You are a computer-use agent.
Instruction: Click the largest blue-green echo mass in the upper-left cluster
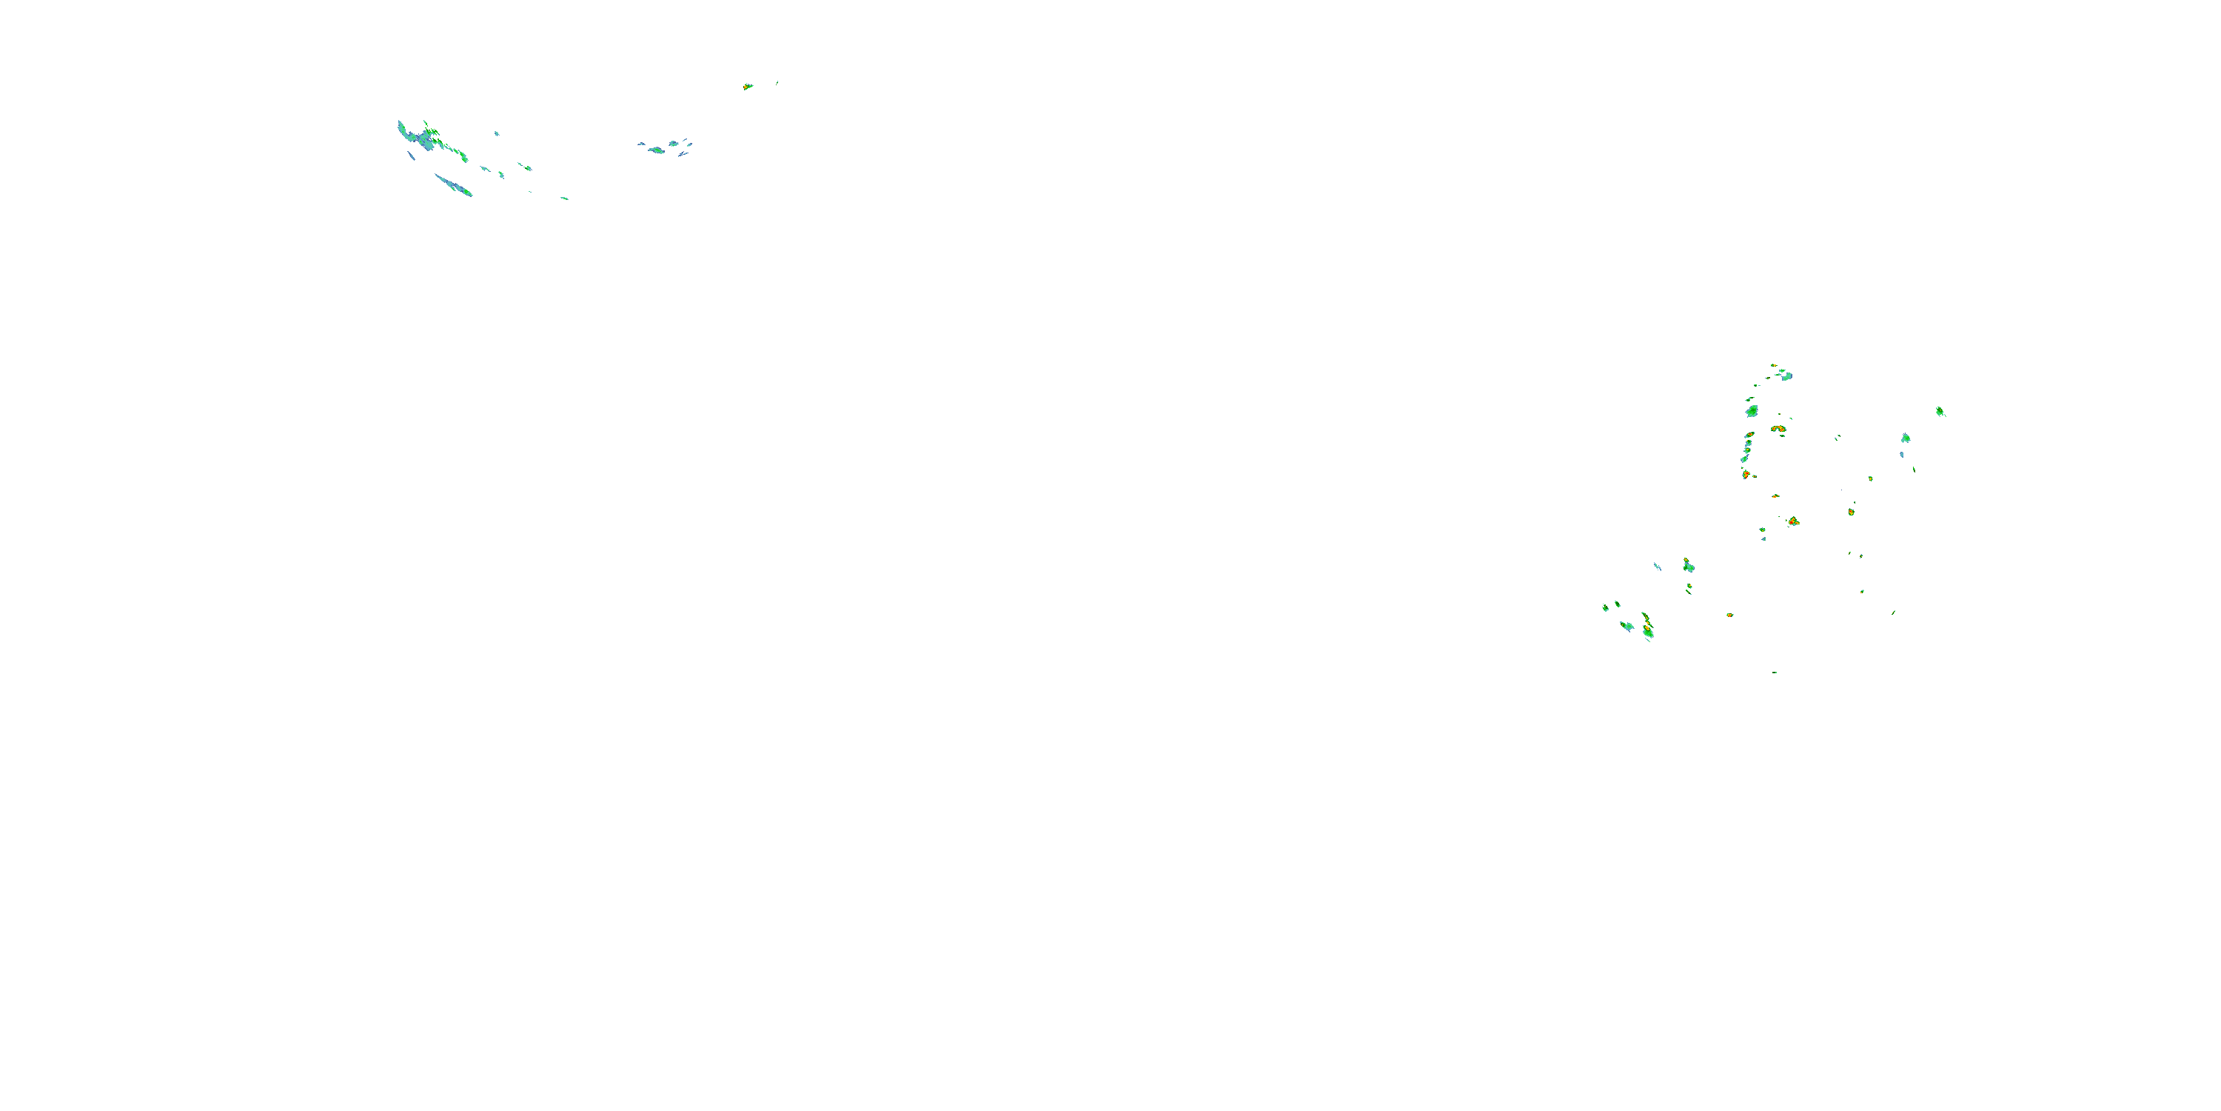426,137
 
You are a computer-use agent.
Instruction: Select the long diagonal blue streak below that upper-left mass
452,184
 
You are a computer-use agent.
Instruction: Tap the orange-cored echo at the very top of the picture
748,86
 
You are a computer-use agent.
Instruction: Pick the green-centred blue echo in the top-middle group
657,150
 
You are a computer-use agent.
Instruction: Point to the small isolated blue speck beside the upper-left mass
497,134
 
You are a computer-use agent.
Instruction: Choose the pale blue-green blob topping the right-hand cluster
1787,376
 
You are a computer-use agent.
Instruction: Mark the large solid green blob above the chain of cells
1752,410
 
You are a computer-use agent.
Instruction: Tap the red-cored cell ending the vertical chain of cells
1746,473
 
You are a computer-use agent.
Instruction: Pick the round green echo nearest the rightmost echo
1906,438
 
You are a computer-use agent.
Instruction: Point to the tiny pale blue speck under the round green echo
1902,455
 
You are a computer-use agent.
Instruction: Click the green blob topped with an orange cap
1688,566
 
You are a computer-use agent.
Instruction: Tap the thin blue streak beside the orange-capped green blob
1657,567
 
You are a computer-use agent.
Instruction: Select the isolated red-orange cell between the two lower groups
1729,615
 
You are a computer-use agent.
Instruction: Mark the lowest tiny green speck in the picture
1775,672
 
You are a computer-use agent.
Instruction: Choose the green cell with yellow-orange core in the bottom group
1648,629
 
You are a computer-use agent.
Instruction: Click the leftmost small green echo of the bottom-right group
1605,608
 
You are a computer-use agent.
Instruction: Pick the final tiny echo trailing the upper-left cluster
565,198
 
